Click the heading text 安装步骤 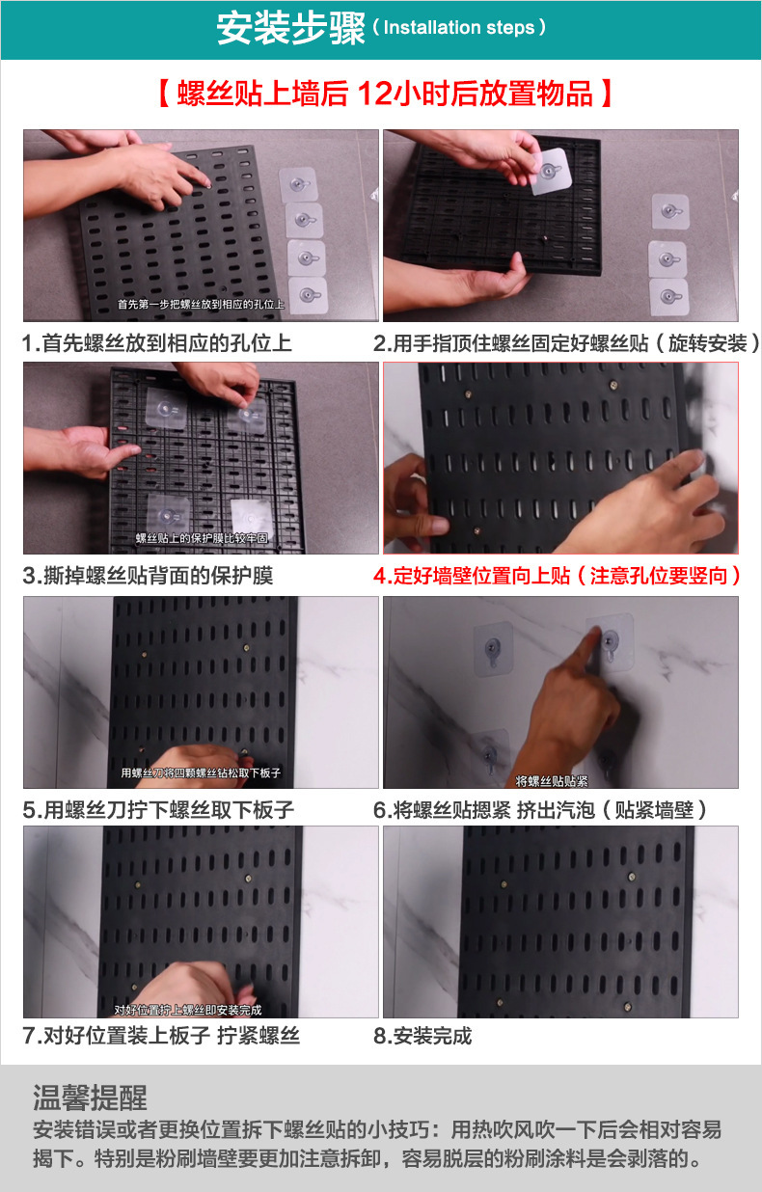click(290, 29)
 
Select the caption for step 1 click(157, 343)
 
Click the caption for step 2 click(567, 343)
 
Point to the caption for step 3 click(148, 576)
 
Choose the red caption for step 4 click(558, 576)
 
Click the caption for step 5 click(158, 809)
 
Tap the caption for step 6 click(540, 809)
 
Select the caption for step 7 click(161, 1037)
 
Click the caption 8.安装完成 click(422, 1037)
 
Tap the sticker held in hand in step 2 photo click(550, 171)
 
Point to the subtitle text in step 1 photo click(201, 305)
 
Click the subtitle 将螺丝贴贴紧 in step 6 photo click(552, 780)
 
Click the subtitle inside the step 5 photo click(200, 772)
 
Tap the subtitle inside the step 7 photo click(187, 1010)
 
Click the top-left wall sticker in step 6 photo click(493, 649)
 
